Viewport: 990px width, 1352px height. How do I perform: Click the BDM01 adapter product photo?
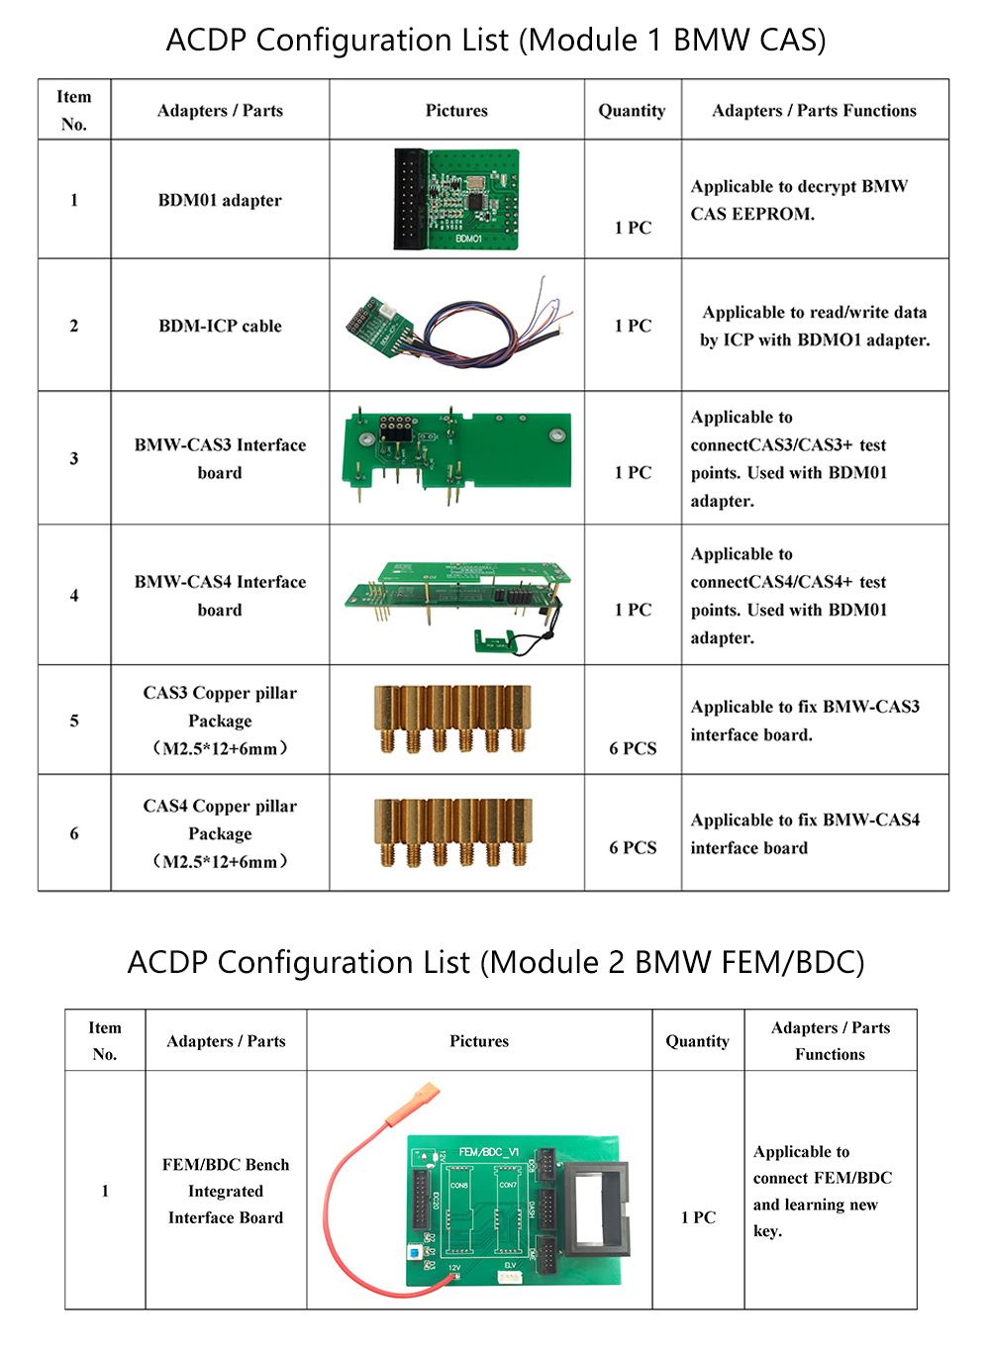click(457, 199)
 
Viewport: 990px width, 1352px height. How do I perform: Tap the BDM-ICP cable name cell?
click(220, 326)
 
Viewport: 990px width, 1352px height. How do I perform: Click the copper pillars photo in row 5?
click(452, 719)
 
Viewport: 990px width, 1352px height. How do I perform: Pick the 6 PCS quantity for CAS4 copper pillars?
click(633, 847)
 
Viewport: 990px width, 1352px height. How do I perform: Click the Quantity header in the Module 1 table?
click(632, 111)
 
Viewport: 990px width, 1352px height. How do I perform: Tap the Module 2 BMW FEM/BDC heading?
click(495, 962)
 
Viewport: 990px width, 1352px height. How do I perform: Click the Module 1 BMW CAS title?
click(495, 41)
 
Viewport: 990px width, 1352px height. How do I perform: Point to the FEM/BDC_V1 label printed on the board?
click(488, 1152)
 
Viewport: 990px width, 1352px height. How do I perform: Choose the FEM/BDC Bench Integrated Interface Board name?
click(226, 1191)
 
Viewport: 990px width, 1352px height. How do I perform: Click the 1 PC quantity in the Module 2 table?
click(698, 1217)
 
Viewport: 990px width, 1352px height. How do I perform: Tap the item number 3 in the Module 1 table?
click(74, 458)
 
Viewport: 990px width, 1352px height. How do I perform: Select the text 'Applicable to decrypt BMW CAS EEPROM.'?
click(798, 200)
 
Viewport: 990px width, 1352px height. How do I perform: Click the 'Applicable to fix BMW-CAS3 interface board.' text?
click(805, 721)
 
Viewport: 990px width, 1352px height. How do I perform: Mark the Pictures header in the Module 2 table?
click(479, 1041)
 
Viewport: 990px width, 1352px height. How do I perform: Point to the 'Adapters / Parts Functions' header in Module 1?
click(814, 111)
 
